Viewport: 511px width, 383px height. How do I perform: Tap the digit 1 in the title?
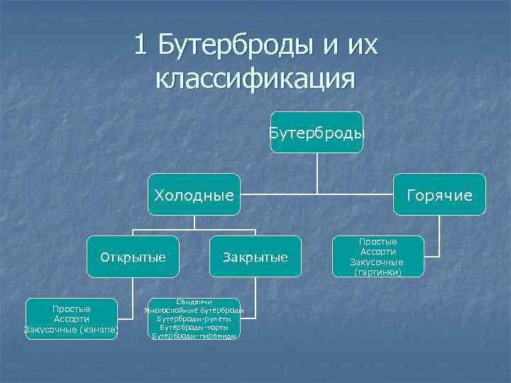pyautogui.click(x=141, y=46)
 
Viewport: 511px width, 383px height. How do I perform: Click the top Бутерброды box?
pyautogui.click(x=317, y=132)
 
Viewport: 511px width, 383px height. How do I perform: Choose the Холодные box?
pyautogui.click(x=194, y=194)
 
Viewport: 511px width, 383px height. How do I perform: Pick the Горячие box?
pyautogui.click(x=440, y=194)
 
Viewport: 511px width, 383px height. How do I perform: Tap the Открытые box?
pyautogui.click(x=133, y=257)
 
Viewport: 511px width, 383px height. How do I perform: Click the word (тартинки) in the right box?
pyautogui.click(x=377, y=272)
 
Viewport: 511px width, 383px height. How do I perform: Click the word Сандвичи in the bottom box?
pyautogui.click(x=194, y=303)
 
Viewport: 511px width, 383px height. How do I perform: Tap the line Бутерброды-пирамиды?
pyautogui.click(x=194, y=335)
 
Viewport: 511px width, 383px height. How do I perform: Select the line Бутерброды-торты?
pyautogui.click(x=194, y=327)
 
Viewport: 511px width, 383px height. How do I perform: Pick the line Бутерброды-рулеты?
pyautogui.click(x=194, y=319)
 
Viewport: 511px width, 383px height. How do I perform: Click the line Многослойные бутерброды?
pyautogui.click(x=194, y=311)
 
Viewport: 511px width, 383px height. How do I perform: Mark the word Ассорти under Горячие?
pyautogui.click(x=378, y=252)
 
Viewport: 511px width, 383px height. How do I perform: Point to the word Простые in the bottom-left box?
pyautogui.click(x=71, y=309)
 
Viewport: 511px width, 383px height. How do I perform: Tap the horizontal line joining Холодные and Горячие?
pyautogui.click(x=317, y=193)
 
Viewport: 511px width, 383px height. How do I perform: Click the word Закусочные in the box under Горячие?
pyautogui.click(x=377, y=262)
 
